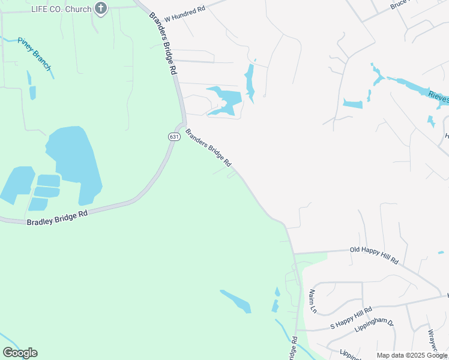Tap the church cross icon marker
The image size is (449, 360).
tap(101, 8)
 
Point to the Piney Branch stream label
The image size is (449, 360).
tap(34, 53)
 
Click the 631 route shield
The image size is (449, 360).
tap(174, 137)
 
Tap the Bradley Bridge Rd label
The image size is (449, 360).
tap(58, 217)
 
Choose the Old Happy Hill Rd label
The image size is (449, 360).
tap(374, 254)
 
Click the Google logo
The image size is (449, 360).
tap(20, 352)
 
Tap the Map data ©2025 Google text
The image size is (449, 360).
tap(411, 355)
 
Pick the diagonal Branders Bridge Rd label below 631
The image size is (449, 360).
tap(208, 147)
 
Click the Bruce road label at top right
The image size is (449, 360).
tap(399, 4)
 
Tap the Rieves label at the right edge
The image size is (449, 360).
tap(438, 97)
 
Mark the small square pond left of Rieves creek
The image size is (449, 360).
tap(353, 104)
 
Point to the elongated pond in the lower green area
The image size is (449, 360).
tap(236, 301)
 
